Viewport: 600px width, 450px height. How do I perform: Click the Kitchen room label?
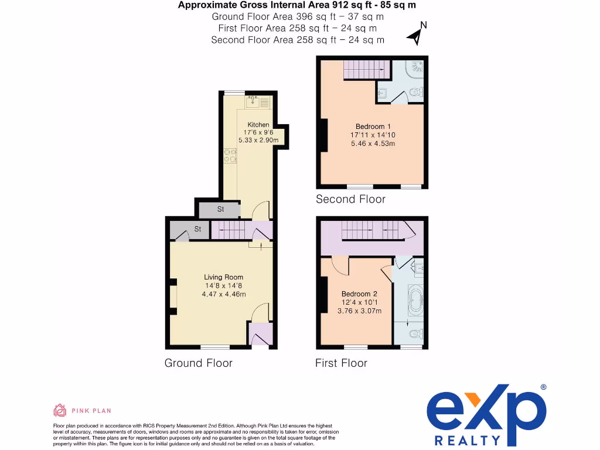point(258,125)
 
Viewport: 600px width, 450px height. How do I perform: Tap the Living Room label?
point(223,277)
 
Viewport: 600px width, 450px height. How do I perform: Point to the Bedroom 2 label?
point(359,294)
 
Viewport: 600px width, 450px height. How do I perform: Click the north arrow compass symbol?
point(417,34)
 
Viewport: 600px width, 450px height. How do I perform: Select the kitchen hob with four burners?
point(230,156)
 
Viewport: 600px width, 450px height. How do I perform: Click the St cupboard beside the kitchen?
point(220,209)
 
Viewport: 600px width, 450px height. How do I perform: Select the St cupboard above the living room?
point(197,229)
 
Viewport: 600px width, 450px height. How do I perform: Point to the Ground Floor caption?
point(198,363)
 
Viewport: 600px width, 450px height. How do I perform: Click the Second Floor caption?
point(350,199)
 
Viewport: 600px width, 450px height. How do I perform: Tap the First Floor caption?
point(341,363)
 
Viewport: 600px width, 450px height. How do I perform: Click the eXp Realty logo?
point(486,414)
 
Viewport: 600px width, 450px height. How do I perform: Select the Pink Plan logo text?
point(91,411)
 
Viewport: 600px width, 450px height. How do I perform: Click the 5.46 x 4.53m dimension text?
point(373,144)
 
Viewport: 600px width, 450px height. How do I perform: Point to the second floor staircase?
point(366,70)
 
